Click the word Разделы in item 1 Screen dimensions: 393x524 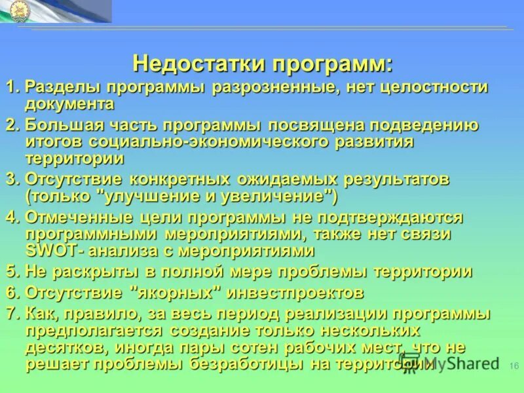tap(63, 88)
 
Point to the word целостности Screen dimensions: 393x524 tap(433, 88)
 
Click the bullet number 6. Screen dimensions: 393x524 tap(10, 292)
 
